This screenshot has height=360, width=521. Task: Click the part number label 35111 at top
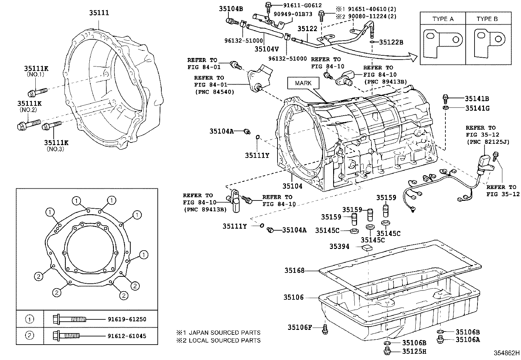click(99, 13)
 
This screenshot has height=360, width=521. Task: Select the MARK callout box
click(303, 83)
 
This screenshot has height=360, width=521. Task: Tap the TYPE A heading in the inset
click(443, 19)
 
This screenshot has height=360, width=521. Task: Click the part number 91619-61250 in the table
click(127, 319)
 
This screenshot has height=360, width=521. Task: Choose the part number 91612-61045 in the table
click(127, 336)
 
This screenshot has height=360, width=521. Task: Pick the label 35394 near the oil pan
click(339, 246)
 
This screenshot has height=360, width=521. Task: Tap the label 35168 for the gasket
click(294, 270)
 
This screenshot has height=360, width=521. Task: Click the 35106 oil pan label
click(294, 297)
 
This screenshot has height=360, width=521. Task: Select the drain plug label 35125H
click(414, 352)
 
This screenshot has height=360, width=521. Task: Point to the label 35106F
click(300, 327)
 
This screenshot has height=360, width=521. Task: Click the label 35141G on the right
click(477, 108)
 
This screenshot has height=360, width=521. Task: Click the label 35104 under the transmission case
click(293, 186)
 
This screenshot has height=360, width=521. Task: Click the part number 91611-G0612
click(297, 6)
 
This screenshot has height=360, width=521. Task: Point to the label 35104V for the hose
click(266, 49)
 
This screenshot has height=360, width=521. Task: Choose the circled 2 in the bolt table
click(29, 335)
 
